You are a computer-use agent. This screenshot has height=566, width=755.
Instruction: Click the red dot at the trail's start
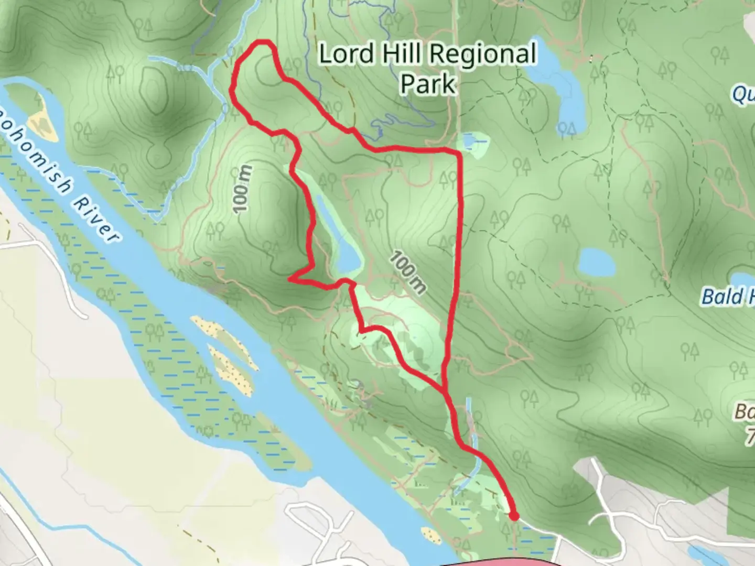point(514,517)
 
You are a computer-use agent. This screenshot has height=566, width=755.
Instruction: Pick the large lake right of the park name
point(561,84)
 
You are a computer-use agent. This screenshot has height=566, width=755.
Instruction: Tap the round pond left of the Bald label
point(598,262)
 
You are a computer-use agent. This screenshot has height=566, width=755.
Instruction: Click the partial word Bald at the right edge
point(724,297)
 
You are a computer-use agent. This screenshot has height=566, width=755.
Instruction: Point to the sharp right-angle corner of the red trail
point(459,153)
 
